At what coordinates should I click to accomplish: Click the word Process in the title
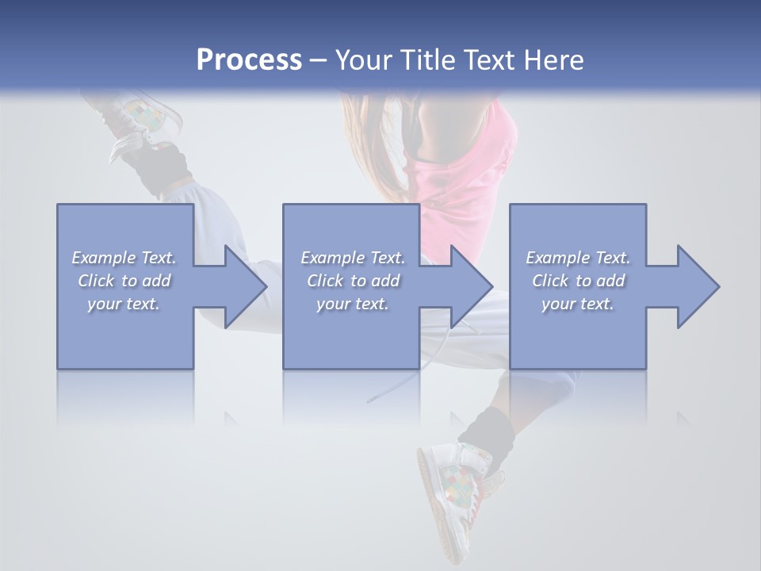click(249, 60)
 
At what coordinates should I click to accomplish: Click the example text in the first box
click(124, 280)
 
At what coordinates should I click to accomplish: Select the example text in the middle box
click(353, 280)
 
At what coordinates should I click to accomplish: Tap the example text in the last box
click(578, 280)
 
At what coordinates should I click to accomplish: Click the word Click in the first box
click(96, 280)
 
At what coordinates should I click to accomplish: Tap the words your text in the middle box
click(353, 303)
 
